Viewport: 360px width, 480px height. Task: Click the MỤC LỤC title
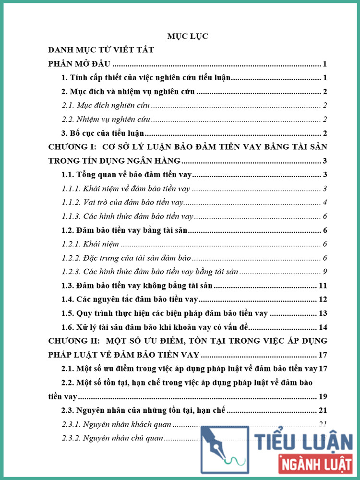187,36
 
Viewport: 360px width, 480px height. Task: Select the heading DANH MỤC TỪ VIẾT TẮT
101,50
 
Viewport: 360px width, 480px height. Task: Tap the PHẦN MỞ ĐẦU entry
80,64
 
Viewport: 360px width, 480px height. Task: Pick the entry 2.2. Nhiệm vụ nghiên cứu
107,120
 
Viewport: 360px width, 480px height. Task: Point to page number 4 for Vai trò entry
325,203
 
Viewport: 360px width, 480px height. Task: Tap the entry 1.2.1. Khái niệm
91,244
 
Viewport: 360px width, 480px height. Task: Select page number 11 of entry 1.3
323,286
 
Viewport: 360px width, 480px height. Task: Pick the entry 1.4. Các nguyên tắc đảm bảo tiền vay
130,300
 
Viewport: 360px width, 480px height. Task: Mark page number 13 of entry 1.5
323,314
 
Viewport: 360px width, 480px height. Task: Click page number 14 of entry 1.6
323,328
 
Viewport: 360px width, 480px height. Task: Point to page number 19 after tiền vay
323,396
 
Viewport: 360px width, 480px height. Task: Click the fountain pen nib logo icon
224,449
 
